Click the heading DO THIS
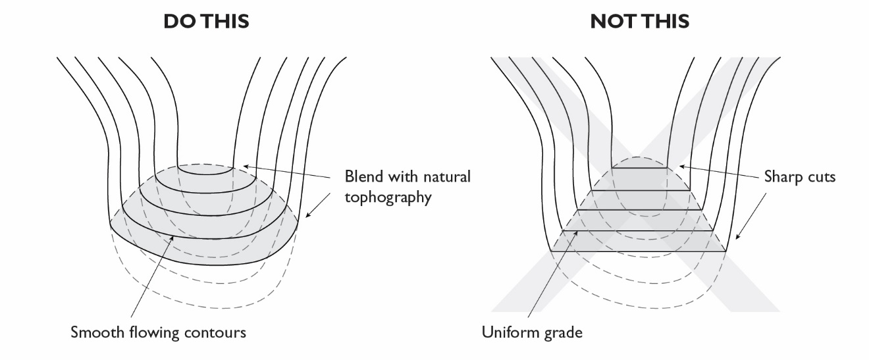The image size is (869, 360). pyautogui.click(x=206, y=21)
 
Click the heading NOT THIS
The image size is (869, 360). pyautogui.click(x=640, y=21)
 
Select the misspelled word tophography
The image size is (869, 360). pyautogui.click(x=388, y=197)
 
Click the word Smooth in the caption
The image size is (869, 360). pyautogui.click(x=93, y=332)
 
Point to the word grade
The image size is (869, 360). pyautogui.click(x=561, y=332)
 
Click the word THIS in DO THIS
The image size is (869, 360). pyautogui.click(x=225, y=21)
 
